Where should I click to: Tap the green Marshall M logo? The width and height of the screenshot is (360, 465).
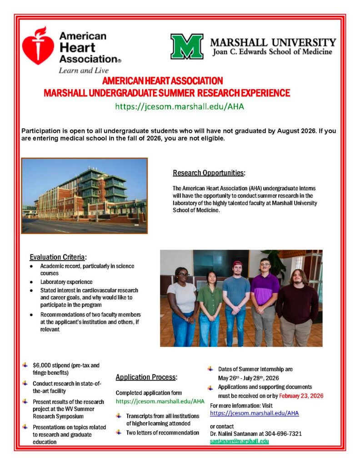tap(187, 46)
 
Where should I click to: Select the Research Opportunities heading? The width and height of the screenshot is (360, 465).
tap(209, 173)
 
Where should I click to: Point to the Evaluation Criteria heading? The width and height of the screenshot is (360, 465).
tap(58, 257)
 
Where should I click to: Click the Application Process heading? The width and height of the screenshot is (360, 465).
tap(146, 377)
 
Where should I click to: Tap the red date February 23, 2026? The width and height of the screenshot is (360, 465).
tap(301, 396)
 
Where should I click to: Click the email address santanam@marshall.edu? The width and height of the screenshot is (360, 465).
tap(239, 441)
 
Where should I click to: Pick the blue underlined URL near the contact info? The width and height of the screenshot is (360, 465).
tap(254, 413)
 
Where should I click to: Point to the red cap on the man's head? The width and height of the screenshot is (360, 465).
tap(237, 263)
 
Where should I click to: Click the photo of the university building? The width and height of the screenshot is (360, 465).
tap(85, 196)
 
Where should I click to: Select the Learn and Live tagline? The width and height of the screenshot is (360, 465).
tap(83, 70)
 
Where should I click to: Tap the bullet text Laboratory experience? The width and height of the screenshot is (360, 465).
tap(66, 282)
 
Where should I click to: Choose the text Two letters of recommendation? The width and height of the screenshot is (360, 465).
tap(163, 432)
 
